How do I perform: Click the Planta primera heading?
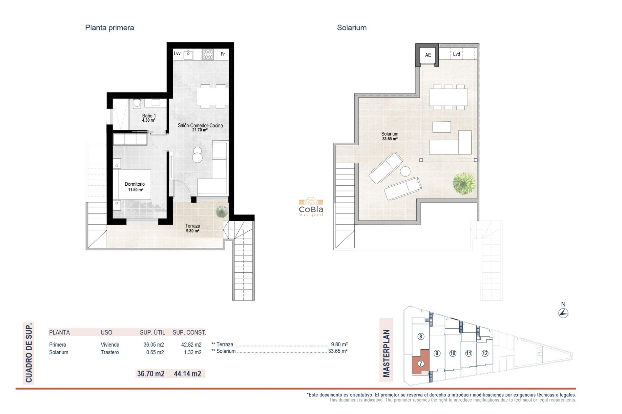click(x=109, y=28)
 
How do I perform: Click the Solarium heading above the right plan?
click(x=351, y=28)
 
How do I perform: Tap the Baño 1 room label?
click(x=149, y=118)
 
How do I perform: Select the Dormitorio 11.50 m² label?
click(x=135, y=187)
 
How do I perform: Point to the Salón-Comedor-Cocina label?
click(x=200, y=127)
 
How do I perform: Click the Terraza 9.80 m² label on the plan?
click(x=192, y=228)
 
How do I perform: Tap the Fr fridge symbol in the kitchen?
click(x=223, y=54)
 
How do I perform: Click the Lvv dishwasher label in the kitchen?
click(x=177, y=54)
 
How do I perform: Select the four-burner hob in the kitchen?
click(x=208, y=54)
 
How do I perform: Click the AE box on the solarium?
click(x=428, y=55)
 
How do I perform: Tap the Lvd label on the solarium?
click(x=456, y=54)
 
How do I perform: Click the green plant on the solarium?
click(x=464, y=183)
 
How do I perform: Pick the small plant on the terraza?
click(x=222, y=212)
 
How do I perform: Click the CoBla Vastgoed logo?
click(x=311, y=207)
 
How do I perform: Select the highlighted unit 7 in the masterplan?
click(x=420, y=364)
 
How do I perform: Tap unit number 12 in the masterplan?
click(x=485, y=353)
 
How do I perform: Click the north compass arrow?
click(x=563, y=313)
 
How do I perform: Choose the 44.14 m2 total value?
click(x=187, y=374)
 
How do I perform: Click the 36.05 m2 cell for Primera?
click(x=154, y=345)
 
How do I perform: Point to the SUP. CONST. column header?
click(x=189, y=332)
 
